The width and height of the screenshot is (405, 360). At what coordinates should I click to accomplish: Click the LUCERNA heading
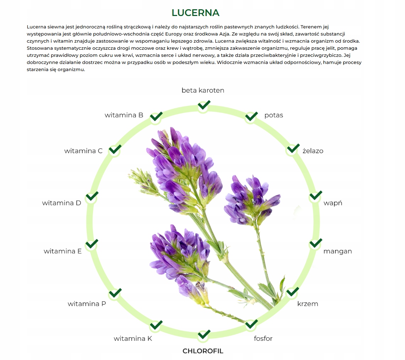[196, 13]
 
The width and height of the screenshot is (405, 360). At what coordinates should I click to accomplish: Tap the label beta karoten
[203, 90]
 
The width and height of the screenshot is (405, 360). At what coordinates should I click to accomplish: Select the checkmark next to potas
[251, 116]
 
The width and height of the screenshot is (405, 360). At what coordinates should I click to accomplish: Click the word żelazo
[313, 151]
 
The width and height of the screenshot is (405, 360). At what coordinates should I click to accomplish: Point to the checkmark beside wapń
[316, 195]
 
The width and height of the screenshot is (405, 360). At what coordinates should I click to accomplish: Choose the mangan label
[338, 251]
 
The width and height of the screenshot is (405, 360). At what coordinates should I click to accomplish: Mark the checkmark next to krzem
[292, 291]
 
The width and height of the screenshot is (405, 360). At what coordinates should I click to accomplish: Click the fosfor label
[263, 338]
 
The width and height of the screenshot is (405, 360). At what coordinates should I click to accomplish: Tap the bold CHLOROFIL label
[203, 351]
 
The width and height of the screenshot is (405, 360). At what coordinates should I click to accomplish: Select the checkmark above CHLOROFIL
[204, 334]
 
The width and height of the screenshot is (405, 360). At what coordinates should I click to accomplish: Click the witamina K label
[133, 338]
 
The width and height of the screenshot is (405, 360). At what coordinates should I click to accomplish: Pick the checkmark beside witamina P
[115, 293]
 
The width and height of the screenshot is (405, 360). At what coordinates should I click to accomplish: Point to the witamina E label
[62, 251]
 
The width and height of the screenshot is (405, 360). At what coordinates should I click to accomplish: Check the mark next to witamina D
[92, 196]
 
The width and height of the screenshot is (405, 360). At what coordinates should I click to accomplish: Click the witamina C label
[83, 151]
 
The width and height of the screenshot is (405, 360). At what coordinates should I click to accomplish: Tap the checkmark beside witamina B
[156, 116]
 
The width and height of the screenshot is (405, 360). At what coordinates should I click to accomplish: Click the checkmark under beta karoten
[204, 105]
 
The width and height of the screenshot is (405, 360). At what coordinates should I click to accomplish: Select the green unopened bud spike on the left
[144, 181]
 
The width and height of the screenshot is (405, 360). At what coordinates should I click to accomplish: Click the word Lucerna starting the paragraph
[37, 27]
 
